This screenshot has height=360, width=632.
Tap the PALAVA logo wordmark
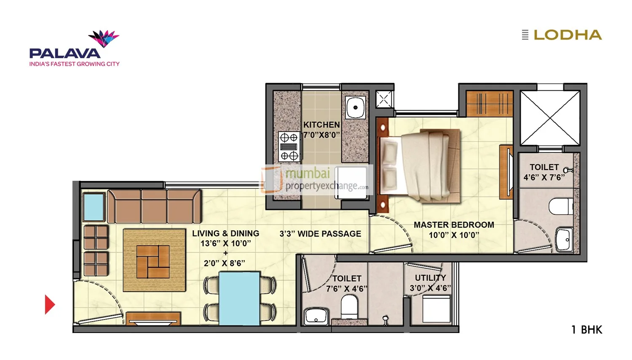pos(65,54)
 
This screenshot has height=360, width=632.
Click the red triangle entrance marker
pos(49,304)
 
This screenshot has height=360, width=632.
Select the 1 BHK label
pos(586,330)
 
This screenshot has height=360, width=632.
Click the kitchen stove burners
pos(289,147)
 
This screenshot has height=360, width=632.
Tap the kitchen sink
pos(355,107)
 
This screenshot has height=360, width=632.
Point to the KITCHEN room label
pos(321,125)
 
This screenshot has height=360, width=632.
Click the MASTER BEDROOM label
pos(454,225)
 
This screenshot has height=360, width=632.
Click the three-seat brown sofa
pos(154,206)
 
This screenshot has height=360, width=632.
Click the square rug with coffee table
pos(154,260)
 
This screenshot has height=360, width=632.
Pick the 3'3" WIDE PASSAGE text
pos(320,234)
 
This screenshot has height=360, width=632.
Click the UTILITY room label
pos(430,278)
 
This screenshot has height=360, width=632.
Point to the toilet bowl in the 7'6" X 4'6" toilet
pos(349,306)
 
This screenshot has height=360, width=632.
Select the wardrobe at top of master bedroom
pos(489,104)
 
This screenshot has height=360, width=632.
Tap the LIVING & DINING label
pos(225,234)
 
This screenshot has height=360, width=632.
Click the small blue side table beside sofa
pos(94,207)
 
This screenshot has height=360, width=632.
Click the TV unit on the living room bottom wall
pos(153,319)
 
